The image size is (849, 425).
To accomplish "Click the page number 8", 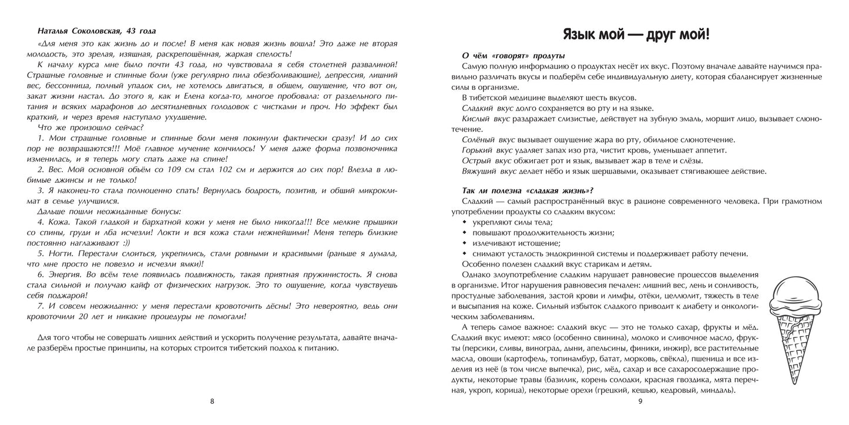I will tap(212, 401).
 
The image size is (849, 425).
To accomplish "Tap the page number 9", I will tap(641, 401).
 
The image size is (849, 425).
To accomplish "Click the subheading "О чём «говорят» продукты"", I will tap(513, 55).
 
